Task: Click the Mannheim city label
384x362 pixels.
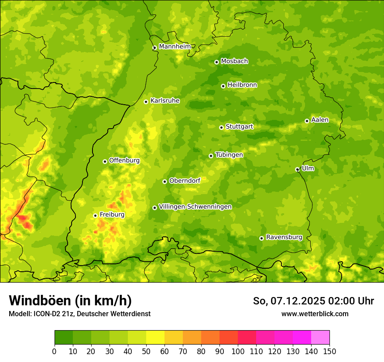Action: point(175,47)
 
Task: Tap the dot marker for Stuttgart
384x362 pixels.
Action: point(222,127)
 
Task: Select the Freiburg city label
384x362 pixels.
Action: point(112,215)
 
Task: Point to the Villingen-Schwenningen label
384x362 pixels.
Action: point(195,207)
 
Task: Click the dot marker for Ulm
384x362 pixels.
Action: point(298,169)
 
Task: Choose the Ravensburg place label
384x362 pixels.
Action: point(284,237)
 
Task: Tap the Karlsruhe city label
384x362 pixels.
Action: point(165,101)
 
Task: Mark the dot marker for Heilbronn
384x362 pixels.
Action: point(223,86)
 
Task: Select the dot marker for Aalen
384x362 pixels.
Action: point(307,121)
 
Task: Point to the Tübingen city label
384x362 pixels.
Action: point(229,155)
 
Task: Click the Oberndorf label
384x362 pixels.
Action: point(185,181)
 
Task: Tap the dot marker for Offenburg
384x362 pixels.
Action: point(105,161)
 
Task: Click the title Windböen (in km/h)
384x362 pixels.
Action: point(70,301)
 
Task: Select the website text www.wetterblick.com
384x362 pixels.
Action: point(315,314)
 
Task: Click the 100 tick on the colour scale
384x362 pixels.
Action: point(238,351)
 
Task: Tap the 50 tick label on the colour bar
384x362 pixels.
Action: point(146,351)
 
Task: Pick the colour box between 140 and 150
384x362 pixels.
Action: point(320,337)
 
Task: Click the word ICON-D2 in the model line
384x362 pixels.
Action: point(45,314)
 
